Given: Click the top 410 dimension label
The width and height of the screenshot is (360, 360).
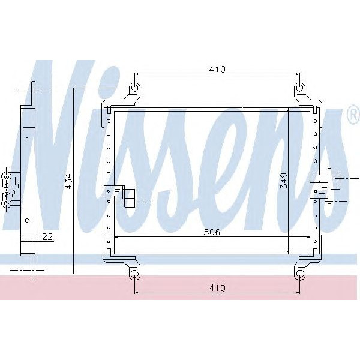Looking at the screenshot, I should point(217,70).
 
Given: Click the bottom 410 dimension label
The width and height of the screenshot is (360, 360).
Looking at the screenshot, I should point(217,288).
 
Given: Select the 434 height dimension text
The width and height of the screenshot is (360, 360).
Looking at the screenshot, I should point(68,182).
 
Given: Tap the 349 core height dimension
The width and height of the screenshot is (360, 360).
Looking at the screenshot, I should point(283,182).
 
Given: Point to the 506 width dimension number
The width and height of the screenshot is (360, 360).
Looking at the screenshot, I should point(211,232).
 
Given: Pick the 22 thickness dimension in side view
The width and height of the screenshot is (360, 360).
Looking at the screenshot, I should point(47,237).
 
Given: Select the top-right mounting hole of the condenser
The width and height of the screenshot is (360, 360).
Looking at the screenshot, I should point(299,89).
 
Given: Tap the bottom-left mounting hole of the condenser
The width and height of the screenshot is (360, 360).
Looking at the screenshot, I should point(135,274).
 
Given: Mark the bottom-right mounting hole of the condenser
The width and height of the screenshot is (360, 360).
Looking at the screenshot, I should point(299,274).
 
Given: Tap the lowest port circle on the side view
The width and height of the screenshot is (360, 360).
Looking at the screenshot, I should point(7,204).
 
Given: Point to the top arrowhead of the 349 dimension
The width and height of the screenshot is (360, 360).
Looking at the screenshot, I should point(289,112).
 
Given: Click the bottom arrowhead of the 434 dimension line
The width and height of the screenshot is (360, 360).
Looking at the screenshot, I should point(74,270).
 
